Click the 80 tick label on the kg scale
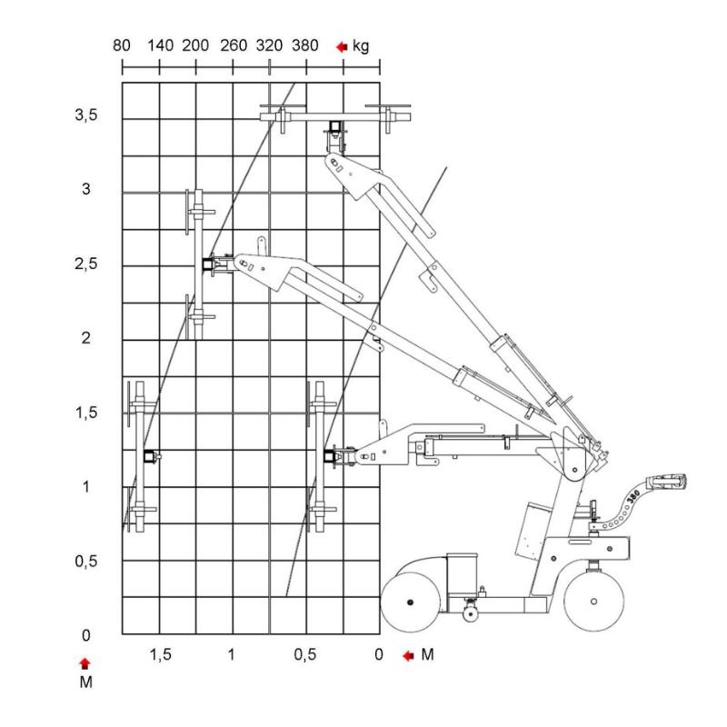click(x=123, y=45)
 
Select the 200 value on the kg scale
click(x=195, y=45)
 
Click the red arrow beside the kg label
click(x=341, y=46)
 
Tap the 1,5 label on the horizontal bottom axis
click(x=159, y=654)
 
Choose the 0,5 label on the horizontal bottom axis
click(x=306, y=654)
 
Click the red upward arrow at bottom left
click(x=85, y=662)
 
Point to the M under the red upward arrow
click(x=85, y=681)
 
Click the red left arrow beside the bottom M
click(x=407, y=655)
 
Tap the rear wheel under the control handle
click(x=593, y=601)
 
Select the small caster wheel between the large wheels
click(x=470, y=614)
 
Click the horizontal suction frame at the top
click(x=336, y=116)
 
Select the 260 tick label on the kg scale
click(x=234, y=45)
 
